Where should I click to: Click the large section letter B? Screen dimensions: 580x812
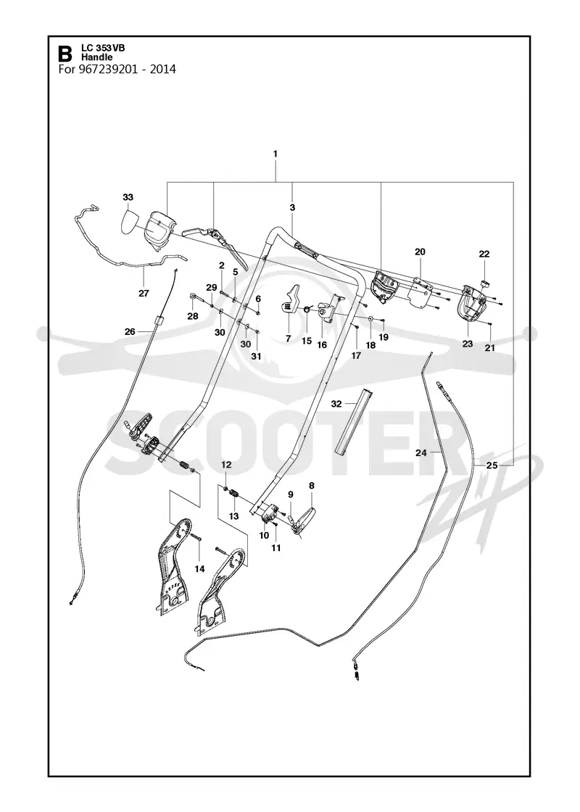65,54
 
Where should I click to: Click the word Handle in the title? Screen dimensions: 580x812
96,57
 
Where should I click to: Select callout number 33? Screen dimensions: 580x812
128,197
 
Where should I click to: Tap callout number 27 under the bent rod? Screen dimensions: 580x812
144,293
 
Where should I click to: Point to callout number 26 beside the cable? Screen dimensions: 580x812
130,331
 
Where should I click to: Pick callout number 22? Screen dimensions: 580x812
484,254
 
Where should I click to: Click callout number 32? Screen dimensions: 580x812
336,403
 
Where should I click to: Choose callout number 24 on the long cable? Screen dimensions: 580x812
421,452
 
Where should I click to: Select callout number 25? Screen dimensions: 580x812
492,465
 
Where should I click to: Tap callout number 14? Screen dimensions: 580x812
199,568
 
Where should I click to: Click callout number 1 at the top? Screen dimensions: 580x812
275,154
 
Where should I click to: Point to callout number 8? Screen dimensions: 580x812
311,486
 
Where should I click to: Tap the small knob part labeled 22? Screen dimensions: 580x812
485,283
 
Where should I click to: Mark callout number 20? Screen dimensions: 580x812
420,252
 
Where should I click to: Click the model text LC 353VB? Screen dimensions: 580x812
103,48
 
